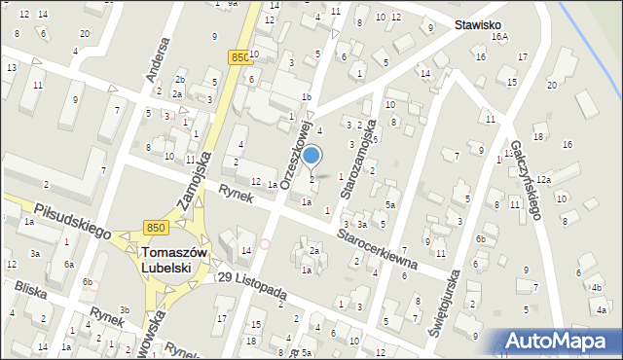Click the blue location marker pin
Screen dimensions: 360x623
point(311,155)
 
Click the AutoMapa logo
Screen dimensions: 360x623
point(561,342)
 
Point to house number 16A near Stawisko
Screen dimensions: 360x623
point(500,37)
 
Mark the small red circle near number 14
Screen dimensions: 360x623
point(265,243)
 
